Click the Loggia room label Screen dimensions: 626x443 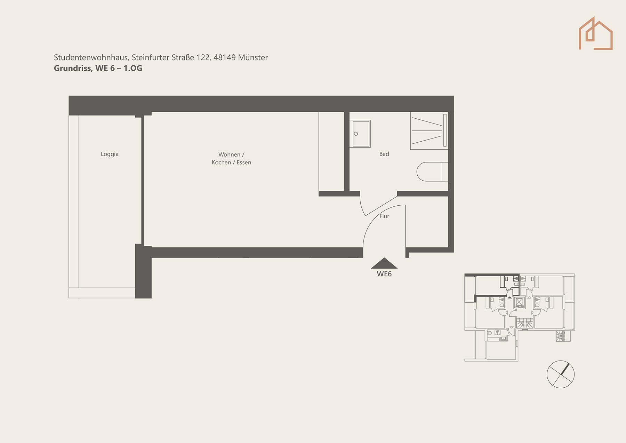[110, 154]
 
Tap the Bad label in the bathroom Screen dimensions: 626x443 [384, 154]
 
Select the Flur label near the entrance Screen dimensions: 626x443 [384, 216]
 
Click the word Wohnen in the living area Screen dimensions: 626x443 [229, 155]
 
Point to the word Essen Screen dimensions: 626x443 [244, 163]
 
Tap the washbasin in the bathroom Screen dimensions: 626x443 [360, 134]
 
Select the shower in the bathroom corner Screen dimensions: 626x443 [429, 131]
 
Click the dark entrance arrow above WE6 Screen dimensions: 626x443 [384, 263]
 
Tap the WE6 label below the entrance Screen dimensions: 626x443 [384, 274]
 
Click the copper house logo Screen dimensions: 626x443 [595, 33]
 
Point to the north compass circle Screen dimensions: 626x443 [560, 374]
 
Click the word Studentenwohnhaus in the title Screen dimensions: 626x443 [91, 57]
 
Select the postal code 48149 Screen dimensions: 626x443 [225, 57]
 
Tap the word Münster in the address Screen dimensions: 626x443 [253, 57]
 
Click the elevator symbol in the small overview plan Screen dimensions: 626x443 [519, 302]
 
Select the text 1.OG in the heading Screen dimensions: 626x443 [133, 68]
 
